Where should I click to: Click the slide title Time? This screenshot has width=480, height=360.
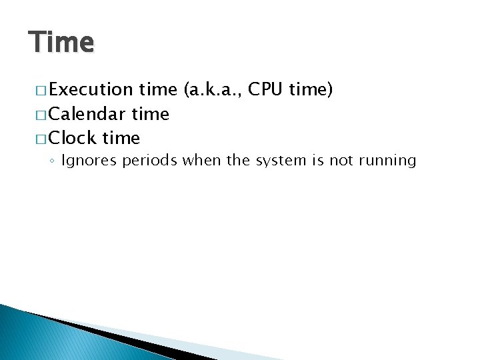click(61, 43)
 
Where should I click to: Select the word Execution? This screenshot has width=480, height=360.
click(91, 90)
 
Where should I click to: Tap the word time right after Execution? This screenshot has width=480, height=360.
click(156, 90)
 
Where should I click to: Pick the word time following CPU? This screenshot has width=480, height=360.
click(311, 90)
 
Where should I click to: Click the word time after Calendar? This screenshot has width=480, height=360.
click(151, 114)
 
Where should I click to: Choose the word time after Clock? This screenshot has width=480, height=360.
click(121, 138)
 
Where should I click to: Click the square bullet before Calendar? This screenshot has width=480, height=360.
click(37, 115)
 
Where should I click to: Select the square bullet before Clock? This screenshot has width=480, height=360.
click(37, 139)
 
